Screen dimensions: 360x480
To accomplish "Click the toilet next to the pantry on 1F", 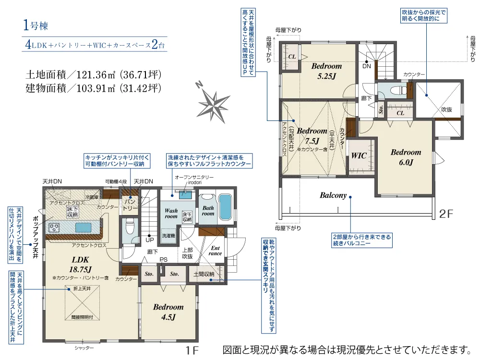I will (128, 227).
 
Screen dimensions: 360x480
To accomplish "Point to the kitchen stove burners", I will (53, 227).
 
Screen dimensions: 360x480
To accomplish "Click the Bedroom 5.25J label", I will (326, 71).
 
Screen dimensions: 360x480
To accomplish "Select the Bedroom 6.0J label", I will (406, 157).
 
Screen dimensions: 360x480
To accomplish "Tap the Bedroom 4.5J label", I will (168, 312).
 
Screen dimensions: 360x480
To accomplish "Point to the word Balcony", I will (333, 195).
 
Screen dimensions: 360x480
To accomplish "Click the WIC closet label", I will (359, 156).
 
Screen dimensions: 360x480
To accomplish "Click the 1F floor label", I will (192, 349).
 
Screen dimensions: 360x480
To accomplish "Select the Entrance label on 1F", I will (215, 250).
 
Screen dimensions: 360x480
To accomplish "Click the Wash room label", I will (171, 213).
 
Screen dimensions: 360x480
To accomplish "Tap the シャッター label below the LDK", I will (84, 347).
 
